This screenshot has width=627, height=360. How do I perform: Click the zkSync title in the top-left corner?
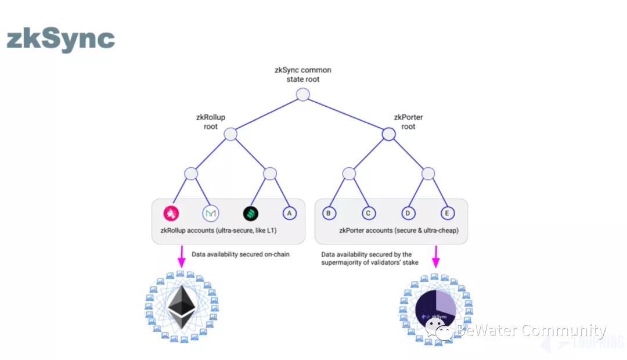60,39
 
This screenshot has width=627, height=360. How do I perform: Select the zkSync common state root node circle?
302,95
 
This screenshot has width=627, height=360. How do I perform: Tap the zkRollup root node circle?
230,134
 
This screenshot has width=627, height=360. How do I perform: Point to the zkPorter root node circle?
388,134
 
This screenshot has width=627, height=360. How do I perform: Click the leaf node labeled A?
289,213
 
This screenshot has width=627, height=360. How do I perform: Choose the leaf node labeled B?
329,213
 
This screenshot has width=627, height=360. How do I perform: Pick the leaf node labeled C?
368,213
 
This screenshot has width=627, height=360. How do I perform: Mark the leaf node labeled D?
408,213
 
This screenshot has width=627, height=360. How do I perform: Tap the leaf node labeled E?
447,213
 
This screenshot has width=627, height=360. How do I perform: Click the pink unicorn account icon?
171,213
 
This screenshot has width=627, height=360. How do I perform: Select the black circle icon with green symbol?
250,213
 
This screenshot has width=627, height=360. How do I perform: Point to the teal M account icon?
210,213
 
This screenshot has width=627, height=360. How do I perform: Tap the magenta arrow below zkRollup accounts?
181,255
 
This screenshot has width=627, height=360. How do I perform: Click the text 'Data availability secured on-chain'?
240,254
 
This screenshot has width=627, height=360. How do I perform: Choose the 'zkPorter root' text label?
408,122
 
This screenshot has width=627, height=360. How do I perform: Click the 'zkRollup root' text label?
211,122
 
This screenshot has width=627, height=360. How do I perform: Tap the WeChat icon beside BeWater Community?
439,329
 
